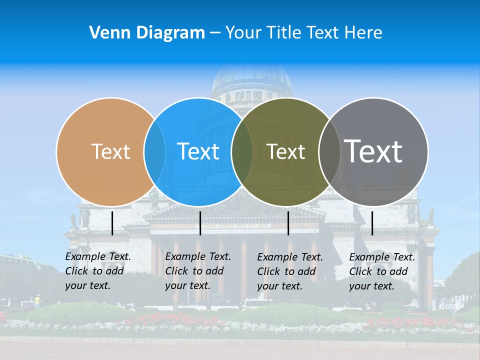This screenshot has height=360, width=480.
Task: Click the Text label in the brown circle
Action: tap(110, 151)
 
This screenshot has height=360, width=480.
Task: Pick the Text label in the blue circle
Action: tap(198, 151)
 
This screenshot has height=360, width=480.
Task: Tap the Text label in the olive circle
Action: tap(285, 151)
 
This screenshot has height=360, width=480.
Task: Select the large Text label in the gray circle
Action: tap(373, 151)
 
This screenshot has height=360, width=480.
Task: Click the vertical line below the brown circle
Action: tap(112, 223)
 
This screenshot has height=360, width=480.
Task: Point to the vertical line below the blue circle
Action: tap(200, 223)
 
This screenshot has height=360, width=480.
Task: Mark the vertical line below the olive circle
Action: tap(288, 223)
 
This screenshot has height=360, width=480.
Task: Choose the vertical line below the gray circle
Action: tap(372, 223)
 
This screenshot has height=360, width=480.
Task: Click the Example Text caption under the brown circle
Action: tap(97, 271)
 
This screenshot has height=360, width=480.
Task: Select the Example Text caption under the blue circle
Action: tap(197, 271)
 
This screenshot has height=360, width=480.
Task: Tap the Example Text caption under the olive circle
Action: tap(289, 271)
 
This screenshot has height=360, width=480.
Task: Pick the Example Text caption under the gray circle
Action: tap(381, 271)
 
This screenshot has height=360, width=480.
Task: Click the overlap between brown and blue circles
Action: tap(154, 152)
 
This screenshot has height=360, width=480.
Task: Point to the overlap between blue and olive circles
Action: tap(242, 152)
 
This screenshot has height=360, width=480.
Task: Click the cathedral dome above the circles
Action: tap(251, 80)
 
